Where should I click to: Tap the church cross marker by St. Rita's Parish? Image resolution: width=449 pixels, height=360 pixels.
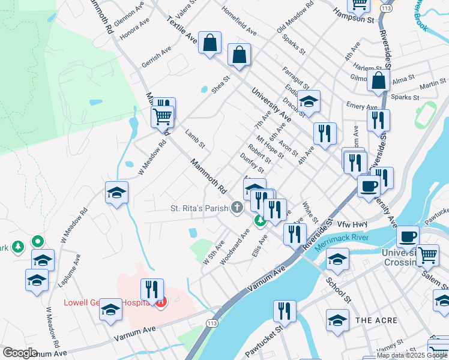237,208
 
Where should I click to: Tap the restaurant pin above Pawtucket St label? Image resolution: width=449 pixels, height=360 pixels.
283,311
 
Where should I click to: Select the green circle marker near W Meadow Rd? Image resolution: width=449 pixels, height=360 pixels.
37,242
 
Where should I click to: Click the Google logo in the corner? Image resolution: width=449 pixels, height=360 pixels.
19,353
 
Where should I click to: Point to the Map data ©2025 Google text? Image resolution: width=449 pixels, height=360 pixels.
412,355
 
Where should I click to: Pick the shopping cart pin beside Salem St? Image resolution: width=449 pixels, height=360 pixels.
427,254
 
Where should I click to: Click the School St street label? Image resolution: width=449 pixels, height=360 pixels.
339,289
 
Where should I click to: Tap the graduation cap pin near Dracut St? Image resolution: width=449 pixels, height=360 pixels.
309,101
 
